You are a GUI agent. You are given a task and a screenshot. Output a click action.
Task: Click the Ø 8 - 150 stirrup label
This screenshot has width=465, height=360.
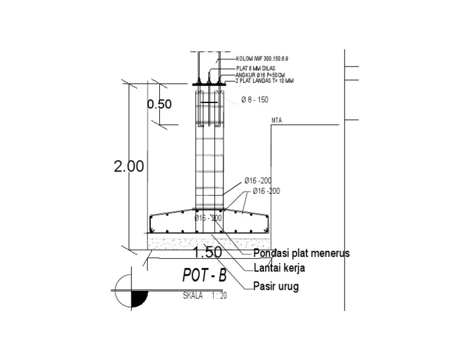click(254, 100)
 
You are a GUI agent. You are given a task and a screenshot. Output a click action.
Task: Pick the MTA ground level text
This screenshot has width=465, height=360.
click(277, 121)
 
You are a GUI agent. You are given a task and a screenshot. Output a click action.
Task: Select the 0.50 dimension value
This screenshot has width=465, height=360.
click(159, 104)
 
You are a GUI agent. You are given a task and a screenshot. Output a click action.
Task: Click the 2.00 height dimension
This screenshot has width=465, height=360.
click(129, 167)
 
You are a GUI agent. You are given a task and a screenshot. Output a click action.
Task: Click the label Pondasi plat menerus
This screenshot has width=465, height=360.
click(301, 254)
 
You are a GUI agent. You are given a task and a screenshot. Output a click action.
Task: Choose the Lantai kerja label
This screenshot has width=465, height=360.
click(279, 268)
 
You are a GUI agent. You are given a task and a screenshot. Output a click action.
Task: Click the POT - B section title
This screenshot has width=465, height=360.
click(204, 276)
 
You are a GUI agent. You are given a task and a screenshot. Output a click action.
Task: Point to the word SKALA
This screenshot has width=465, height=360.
click(193, 296)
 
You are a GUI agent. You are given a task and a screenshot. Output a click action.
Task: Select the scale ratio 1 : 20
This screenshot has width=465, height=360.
click(219, 296)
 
